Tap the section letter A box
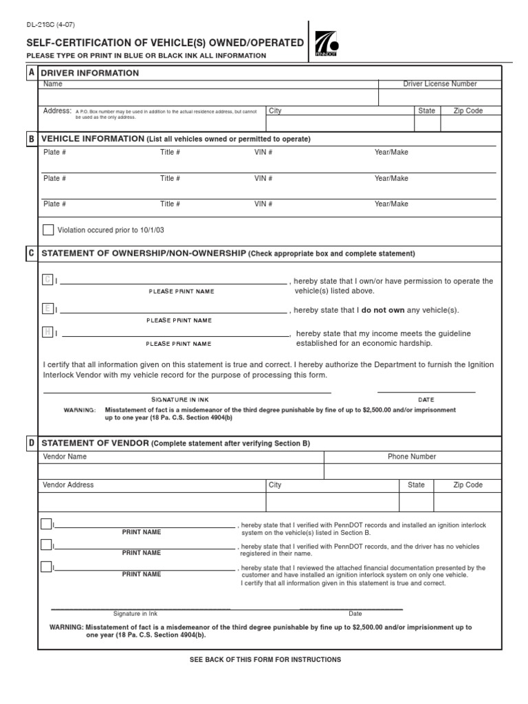coord(31,73)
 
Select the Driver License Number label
coord(439,84)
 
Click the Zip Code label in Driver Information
coord(467,111)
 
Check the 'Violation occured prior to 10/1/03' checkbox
coord(48,230)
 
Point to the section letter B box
coord(31,139)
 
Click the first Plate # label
coord(54,153)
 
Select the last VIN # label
coord(263,204)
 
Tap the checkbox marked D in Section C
coord(47,279)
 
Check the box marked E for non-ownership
coord(47,309)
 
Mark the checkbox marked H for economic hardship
coord(47,332)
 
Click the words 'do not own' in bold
coord(383,311)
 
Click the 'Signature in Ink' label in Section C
coord(179,399)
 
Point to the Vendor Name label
coord(65,456)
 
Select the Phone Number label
coord(412,456)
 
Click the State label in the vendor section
coord(416,485)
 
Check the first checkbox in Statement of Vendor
coord(46,524)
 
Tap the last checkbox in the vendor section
coord(46,566)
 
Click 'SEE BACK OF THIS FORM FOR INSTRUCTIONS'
coord(265,659)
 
